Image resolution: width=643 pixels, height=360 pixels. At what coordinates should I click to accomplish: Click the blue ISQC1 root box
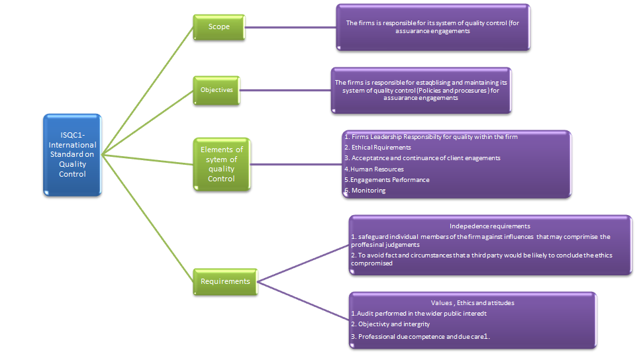pyautogui.click(x=72, y=155)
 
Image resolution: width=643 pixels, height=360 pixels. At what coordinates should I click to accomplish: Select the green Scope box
pyautogui.click(x=219, y=27)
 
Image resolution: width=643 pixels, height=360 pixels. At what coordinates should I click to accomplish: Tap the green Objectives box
pyautogui.click(x=217, y=90)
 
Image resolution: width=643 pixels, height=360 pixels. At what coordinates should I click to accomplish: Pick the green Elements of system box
pyautogui.click(x=221, y=164)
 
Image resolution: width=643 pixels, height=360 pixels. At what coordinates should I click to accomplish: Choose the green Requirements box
pyautogui.click(x=225, y=282)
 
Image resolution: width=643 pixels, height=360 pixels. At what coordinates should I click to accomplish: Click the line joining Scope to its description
pyautogui.click(x=290, y=28)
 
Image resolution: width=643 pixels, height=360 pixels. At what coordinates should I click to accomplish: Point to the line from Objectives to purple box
pyautogui.click(x=285, y=90)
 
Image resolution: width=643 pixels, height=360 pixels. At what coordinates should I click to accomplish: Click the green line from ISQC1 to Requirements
pyautogui.click(x=148, y=218)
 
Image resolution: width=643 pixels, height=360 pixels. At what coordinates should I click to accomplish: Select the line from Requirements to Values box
pyautogui.click(x=303, y=300)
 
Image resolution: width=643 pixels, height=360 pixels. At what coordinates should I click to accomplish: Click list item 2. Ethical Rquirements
pyautogui.click(x=377, y=147)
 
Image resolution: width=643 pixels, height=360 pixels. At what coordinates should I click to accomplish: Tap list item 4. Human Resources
pyautogui.click(x=374, y=169)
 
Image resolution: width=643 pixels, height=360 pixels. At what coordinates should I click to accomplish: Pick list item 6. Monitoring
pyautogui.click(x=365, y=190)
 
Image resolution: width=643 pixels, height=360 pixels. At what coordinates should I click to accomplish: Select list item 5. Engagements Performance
pyautogui.click(x=387, y=179)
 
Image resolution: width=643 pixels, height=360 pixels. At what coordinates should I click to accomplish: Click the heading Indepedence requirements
pyautogui.click(x=489, y=226)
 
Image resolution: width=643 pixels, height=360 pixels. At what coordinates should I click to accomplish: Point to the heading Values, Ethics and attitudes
pyautogui.click(x=472, y=302)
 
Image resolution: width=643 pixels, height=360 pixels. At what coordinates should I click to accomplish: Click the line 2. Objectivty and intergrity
pyautogui.click(x=391, y=324)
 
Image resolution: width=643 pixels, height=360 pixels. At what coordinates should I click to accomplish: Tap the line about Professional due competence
pyautogui.click(x=420, y=336)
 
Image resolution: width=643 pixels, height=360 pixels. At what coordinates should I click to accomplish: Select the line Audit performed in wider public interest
pyautogui.click(x=419, y=313)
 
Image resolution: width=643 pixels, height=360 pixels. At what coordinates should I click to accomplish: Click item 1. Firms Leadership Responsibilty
pyautogui.click(x=431, y=136)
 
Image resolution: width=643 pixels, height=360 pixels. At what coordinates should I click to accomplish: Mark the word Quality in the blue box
pyautogui.click(x=73, y=164)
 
